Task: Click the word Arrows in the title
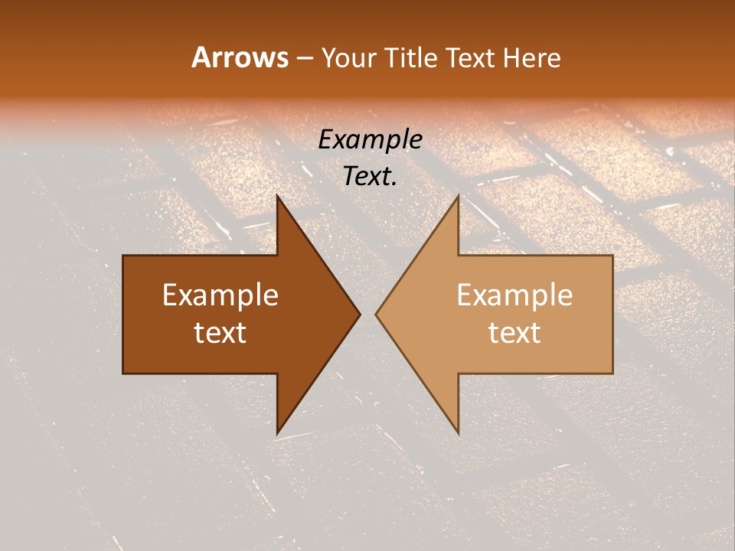pyautogui.click(x=240, y=57)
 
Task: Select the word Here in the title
pyautogui.click(x=532, y=58)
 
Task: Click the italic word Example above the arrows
pyautogui.click(x=370, y=139)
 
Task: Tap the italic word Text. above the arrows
pyautogui.click(x=370, y=176)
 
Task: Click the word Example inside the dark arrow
pyautogui.click(x=220, y=295)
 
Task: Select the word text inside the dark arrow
pyautogui.click(x=220, y=333)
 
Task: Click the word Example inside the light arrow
pyautogui.click(x=514, y=295)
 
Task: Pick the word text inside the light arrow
pyautogui.click(x=514, y=333)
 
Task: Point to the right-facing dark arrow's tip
pyautogui.click(x=360, y=315)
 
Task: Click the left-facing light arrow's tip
pyautogui.click(x=376, y=315)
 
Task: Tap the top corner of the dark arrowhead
pyautogui.click(x=277, y=196)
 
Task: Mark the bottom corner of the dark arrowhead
pyautogui.click(x=277, y=433)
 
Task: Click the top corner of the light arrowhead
pyautogui.click(x=458, y=196)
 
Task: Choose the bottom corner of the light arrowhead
pyautogui.click(x=458, y=433)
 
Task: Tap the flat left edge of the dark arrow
pyautogui.click(x=123, y=315)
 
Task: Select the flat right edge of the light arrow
pyautogui.click(x=612, y=315)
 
